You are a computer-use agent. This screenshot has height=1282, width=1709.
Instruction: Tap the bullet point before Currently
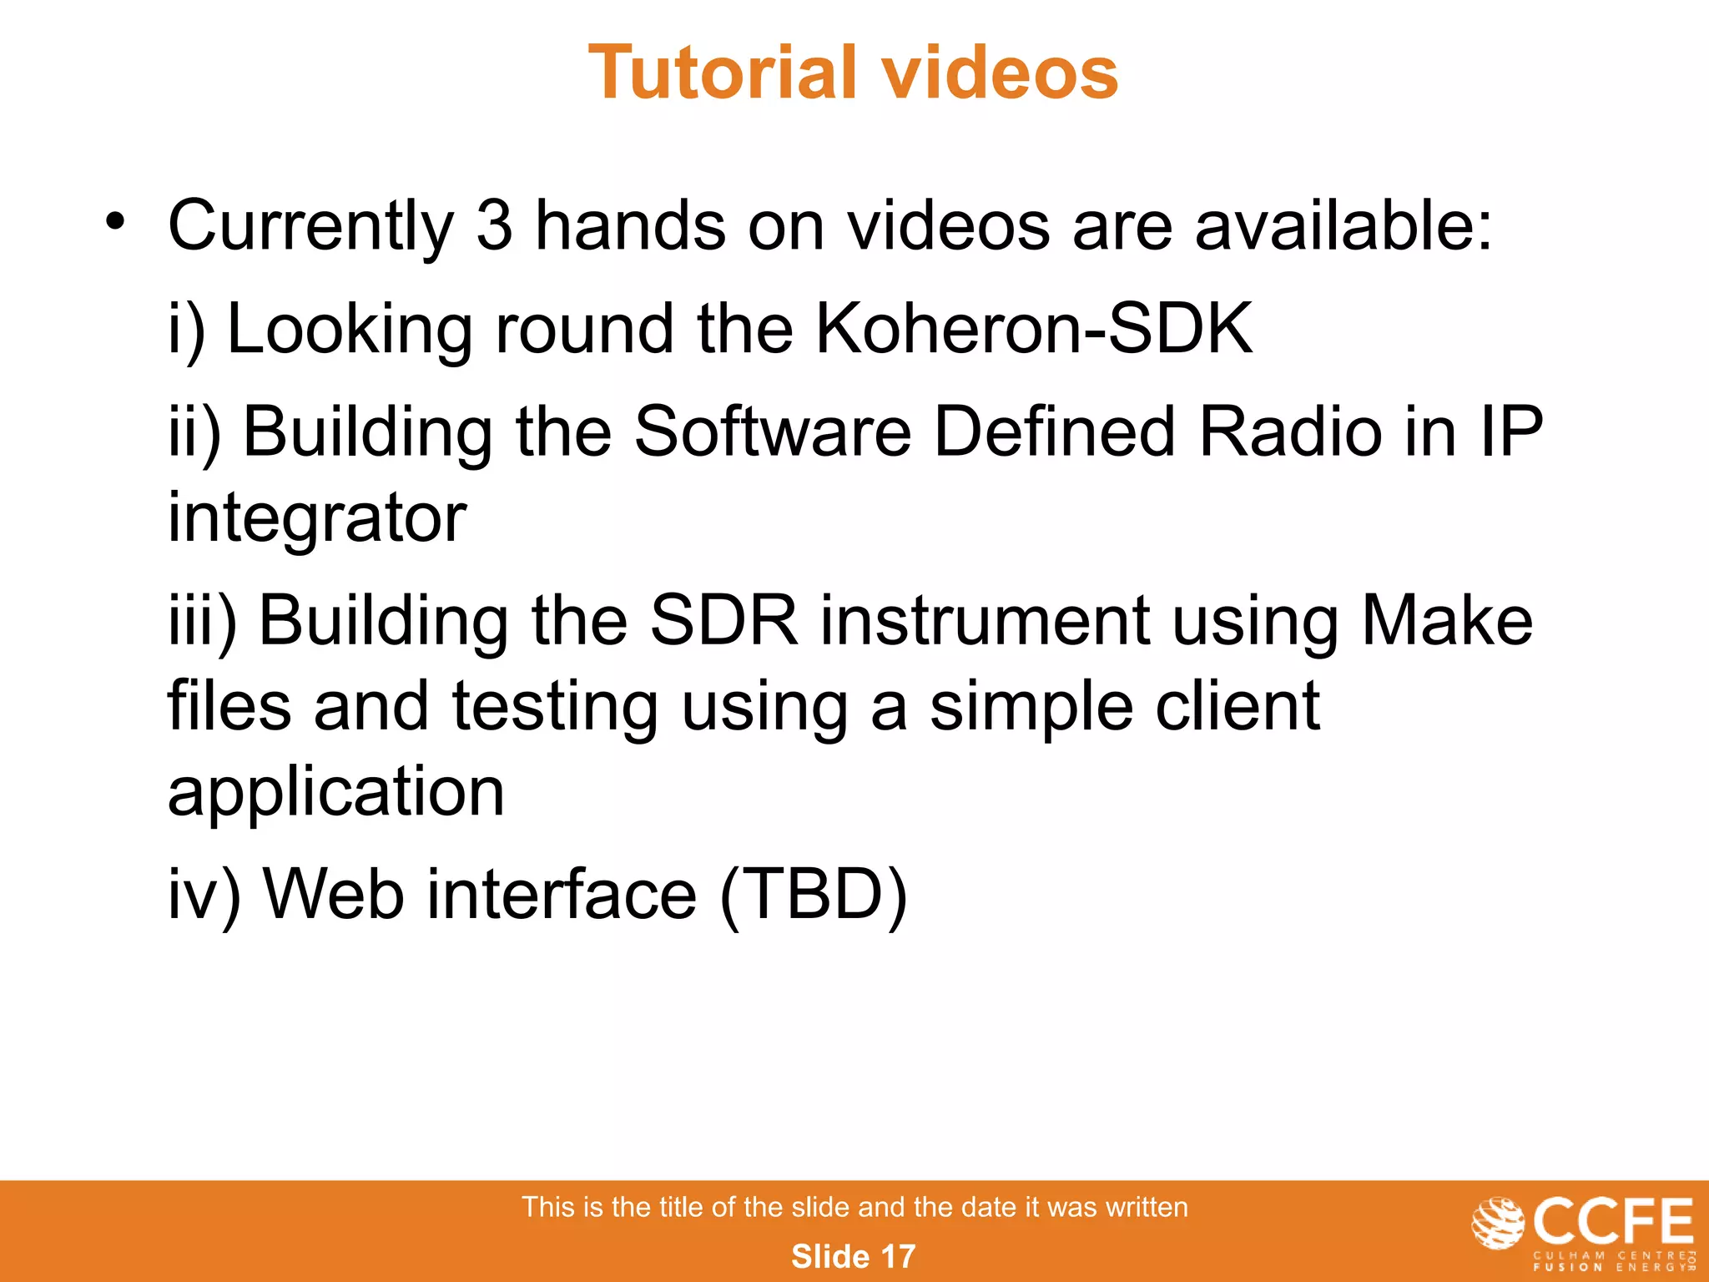tap(115, 222)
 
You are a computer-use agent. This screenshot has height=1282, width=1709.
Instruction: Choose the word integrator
tap(317, 519)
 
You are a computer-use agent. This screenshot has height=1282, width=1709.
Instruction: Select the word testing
tap(555, 707)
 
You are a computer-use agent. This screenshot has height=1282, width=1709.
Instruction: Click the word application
tap(336, 793)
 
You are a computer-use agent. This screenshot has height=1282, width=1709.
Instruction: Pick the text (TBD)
tap(813, 895)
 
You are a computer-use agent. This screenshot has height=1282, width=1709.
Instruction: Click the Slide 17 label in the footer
tap(853, 1256)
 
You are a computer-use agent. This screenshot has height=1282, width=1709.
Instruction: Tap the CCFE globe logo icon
tap(1499, 1223)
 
